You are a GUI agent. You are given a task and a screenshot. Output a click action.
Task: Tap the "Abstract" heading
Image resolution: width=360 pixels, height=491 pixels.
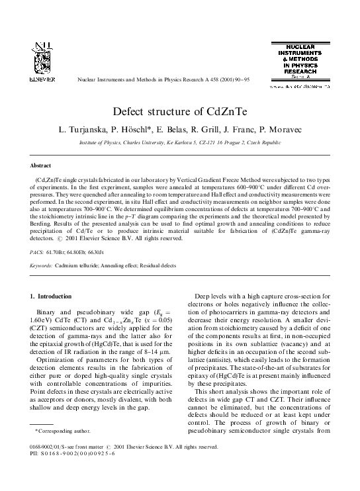click(x=41, y=165)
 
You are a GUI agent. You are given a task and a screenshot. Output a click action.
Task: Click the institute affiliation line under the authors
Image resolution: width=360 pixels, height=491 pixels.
click(x=180, y=142)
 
